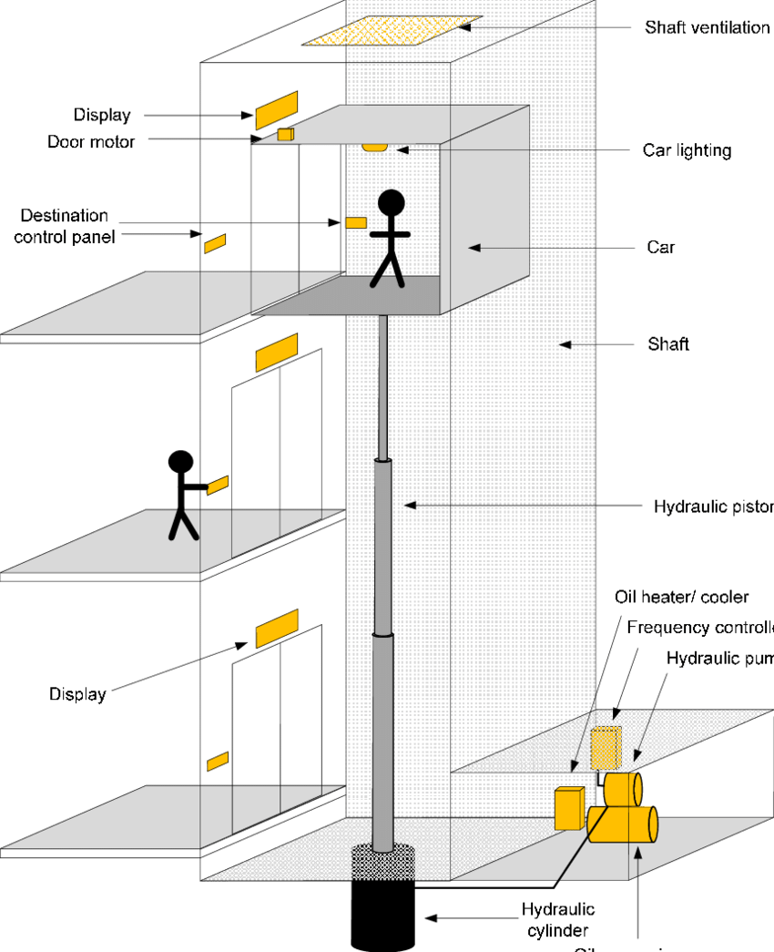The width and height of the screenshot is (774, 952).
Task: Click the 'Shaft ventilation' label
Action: coord(707,27)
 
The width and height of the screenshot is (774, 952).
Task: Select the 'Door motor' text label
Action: coord(91,141)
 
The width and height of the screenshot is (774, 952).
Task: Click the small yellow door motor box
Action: coord(286,135)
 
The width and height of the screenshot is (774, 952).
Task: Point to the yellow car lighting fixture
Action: coord(374,146)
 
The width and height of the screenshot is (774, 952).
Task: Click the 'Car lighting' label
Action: coord(687,150)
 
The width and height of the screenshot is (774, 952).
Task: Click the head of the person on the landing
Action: coord(181,463)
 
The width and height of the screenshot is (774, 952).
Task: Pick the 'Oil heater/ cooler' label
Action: coord(681,597)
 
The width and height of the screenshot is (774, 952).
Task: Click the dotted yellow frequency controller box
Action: coord(605,747)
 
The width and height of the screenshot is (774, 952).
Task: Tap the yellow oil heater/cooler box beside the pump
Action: coord(569,808)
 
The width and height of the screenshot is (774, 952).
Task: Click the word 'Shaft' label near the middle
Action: coord(668,344)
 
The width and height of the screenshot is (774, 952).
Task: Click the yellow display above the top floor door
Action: coord(276,109)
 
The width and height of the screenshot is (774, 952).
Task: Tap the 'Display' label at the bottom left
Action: coord(77,694)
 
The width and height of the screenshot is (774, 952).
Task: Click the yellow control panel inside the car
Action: coord(355,222)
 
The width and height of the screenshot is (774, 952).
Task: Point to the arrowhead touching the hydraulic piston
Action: coord(410,505)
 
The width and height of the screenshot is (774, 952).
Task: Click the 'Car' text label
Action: coord(661,247)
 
